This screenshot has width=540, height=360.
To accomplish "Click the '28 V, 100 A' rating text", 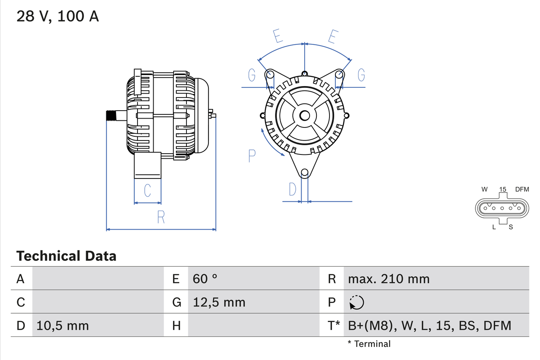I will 58,16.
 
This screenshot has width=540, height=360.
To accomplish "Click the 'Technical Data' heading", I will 66,256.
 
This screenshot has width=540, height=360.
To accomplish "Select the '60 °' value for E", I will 205,279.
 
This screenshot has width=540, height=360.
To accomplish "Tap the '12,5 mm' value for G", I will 219,302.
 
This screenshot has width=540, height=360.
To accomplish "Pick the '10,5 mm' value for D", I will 62,325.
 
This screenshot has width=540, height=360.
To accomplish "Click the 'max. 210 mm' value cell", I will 389,279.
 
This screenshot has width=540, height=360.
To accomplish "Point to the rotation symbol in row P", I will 356,302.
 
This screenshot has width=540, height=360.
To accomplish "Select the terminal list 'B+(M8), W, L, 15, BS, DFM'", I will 429,325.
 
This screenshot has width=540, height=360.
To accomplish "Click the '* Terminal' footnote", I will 369,344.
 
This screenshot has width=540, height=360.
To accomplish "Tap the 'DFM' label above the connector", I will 522,189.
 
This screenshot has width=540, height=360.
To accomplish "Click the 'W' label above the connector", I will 485,189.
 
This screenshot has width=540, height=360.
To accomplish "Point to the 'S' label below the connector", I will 511,227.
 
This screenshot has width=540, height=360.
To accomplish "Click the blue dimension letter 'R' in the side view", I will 161,217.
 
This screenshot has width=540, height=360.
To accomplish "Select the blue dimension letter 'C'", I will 147,190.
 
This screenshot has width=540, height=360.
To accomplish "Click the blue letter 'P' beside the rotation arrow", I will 252,156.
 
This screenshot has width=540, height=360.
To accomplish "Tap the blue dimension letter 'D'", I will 292,190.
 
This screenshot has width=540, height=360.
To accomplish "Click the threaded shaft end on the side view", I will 111,116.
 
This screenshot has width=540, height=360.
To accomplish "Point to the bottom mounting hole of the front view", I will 305,172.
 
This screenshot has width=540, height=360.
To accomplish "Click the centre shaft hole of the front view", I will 305,116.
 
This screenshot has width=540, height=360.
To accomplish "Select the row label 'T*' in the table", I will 334,325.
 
